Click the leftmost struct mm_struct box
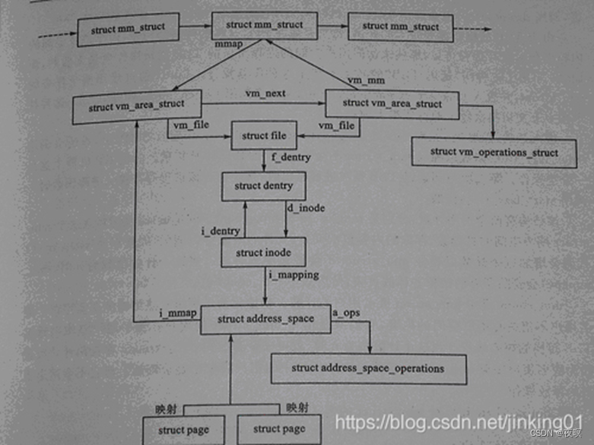[x=128, y=30]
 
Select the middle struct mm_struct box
[x=264, y=25]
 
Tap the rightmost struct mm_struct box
[x=401, y=26]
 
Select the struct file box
[x=264, y=136]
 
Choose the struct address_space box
[x=265, y=319]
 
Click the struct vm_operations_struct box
[x=494, y=152]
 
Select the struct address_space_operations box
[x=367, y=368]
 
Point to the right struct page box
[x=279, y=429]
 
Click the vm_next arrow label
[x=265, y=92]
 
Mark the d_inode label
[x=305, y=207]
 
